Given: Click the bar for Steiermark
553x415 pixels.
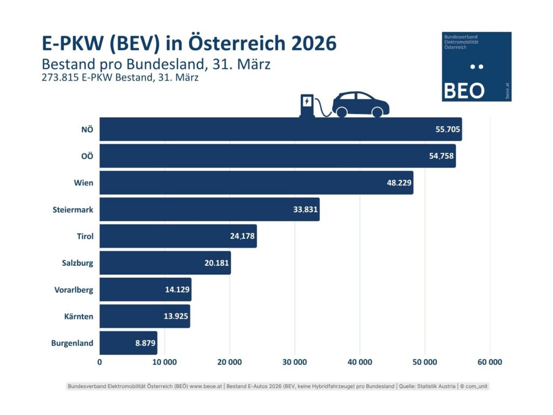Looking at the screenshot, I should click(x=210, y=210).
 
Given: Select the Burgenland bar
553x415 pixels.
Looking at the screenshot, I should click(x=129, y=343).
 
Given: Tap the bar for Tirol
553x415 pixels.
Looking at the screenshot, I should click(x=178, y=236).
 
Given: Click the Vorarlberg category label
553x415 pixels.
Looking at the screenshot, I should click(x=73, y=290).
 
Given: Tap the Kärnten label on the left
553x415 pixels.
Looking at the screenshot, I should click(x=78, y=316).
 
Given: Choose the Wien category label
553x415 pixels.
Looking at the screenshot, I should click(x=84, y=183).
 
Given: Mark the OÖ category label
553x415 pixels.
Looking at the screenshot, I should click(x=87, y=156).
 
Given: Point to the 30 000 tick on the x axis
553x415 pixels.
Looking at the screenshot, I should click(x=294, y=362).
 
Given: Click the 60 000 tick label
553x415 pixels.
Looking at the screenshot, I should click(x=489, y=362).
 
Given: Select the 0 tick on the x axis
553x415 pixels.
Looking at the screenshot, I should click(x=100, y=362).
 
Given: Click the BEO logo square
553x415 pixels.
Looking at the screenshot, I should click(x=476, y=66).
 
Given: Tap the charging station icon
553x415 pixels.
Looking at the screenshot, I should click(x=307, y=105).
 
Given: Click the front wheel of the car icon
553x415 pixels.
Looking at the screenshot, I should click(x=377, y=112).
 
